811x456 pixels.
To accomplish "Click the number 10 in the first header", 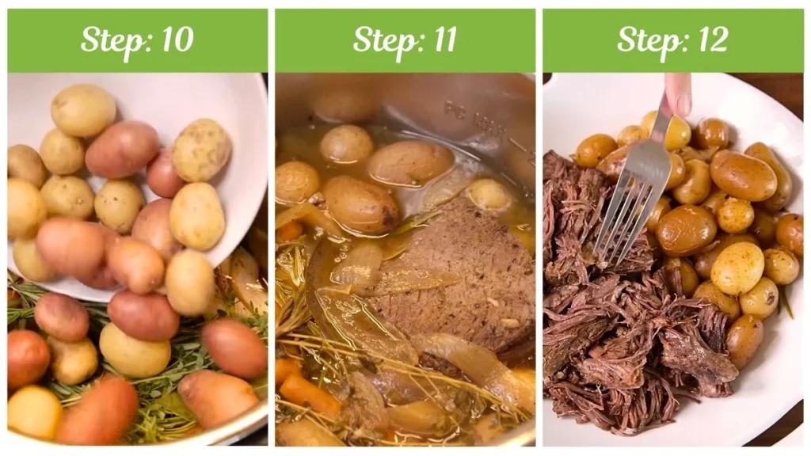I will (x=176, y=40).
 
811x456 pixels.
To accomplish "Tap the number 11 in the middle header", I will (x=440, y=40).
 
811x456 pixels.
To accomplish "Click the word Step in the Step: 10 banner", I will (x=109, y=40).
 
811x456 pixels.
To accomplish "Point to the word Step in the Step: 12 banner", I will (x=645, y=40).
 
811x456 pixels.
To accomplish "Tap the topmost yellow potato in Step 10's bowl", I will (x=82, y=110).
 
